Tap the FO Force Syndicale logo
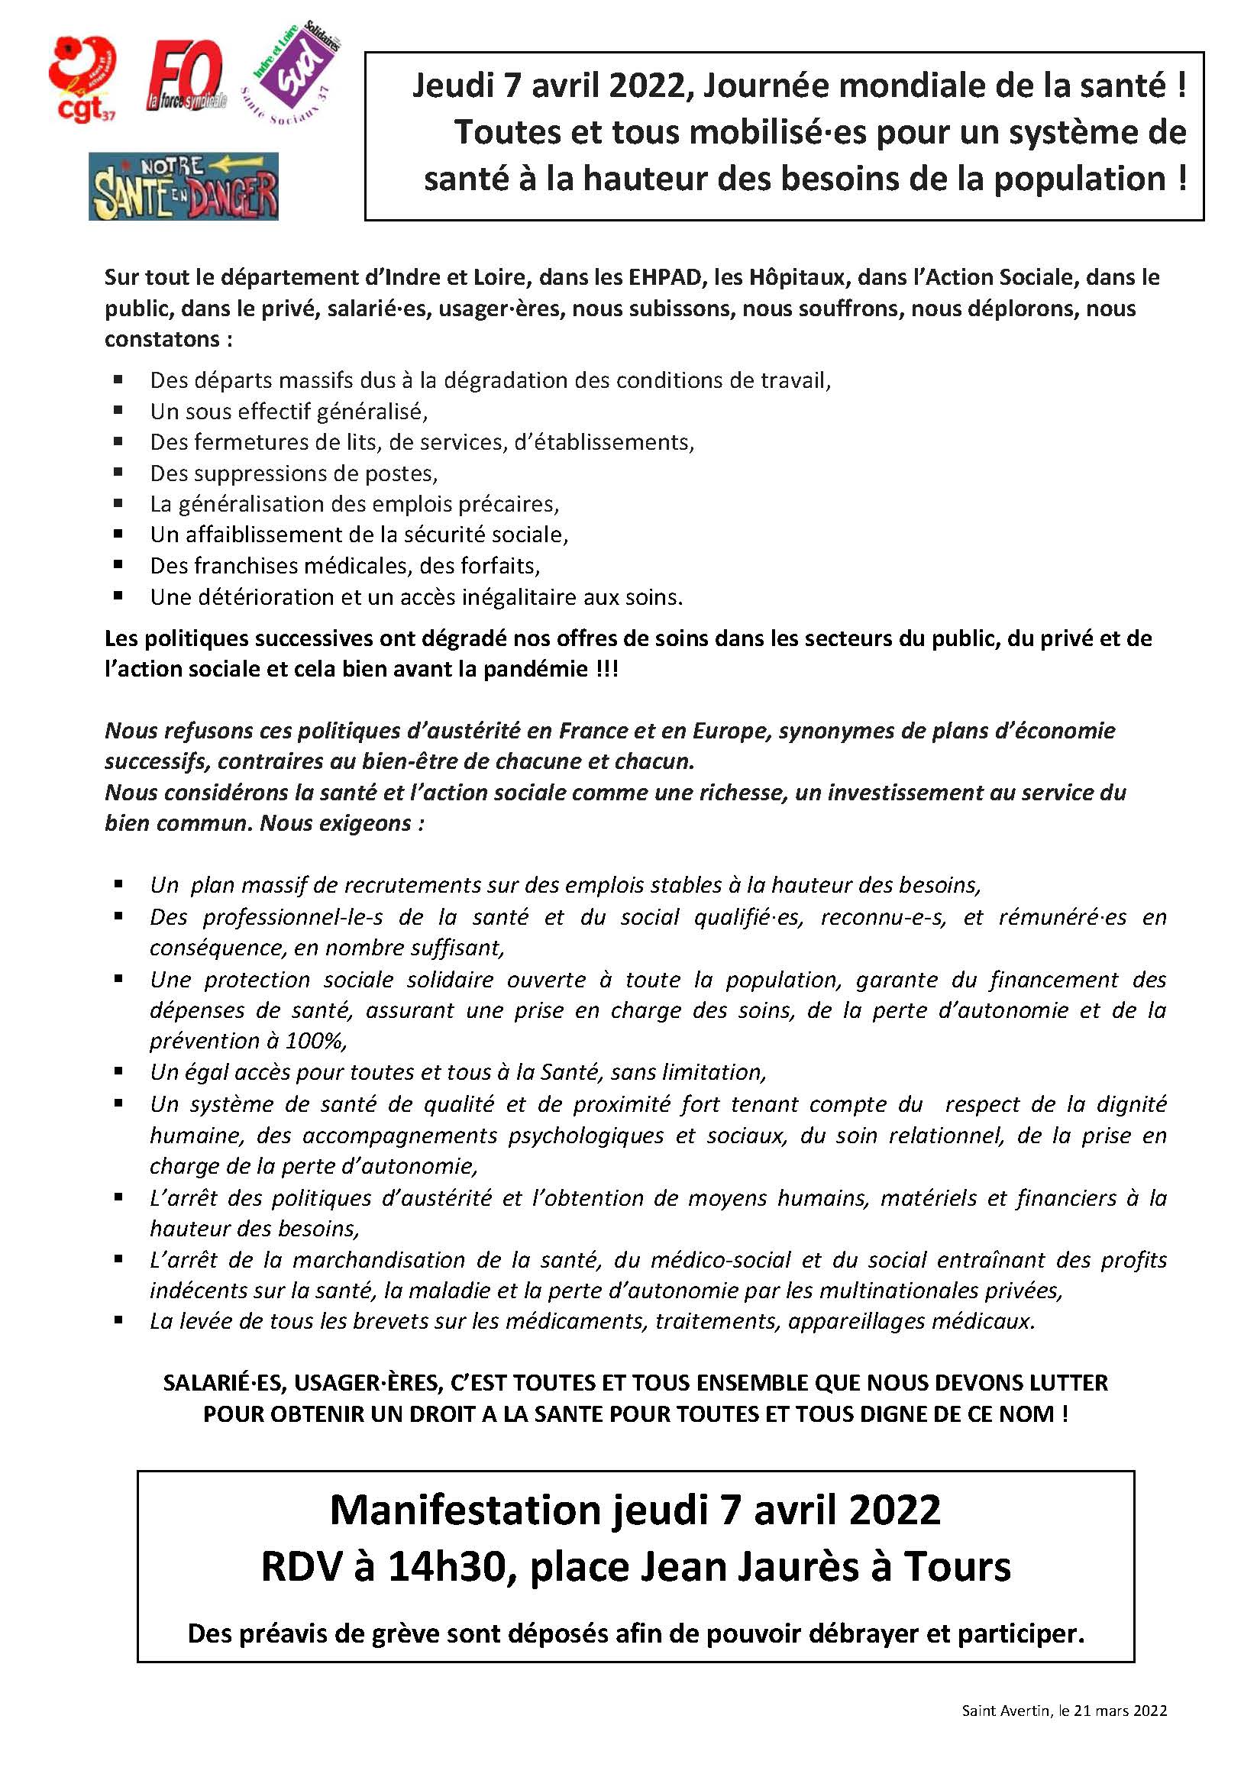[x=186, y=76]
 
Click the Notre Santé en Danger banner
[x=183, y=186]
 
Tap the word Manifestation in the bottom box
[x=464, y=1510]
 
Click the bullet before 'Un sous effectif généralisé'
[x=118, y=411]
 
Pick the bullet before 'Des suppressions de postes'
[x=118, y=473]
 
